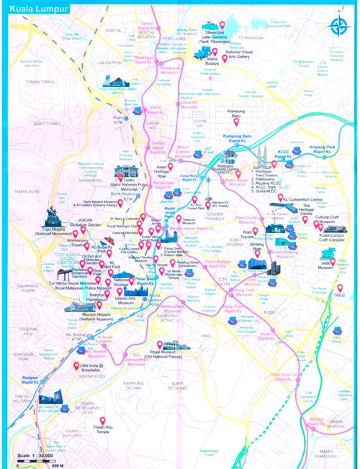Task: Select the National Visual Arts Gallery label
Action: [x=251, y=55]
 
